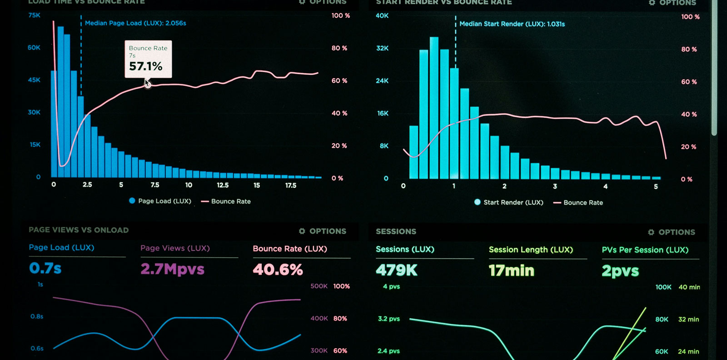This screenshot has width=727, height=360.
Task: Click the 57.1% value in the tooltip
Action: [145, 66]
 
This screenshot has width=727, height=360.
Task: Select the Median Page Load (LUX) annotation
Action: [135, 23]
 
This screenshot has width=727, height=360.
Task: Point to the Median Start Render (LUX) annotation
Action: [512, 24]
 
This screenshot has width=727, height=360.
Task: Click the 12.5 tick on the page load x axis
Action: [223, 185]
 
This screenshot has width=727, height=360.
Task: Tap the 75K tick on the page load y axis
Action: [35, 15]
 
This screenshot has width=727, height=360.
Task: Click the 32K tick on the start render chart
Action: [382, 48]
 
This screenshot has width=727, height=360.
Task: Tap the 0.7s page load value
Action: [45, 268]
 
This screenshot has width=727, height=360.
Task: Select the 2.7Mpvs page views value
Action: [172, 269]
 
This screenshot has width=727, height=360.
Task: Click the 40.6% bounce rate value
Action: [278, 270]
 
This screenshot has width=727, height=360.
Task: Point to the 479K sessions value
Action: [396, 270]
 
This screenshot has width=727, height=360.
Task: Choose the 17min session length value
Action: [511, 271]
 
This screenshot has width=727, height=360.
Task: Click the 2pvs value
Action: [620, 271]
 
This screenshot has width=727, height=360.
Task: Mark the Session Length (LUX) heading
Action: [531, 250]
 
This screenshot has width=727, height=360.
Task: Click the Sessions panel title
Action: [396, 231]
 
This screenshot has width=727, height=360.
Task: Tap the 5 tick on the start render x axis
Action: [656, 187]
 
